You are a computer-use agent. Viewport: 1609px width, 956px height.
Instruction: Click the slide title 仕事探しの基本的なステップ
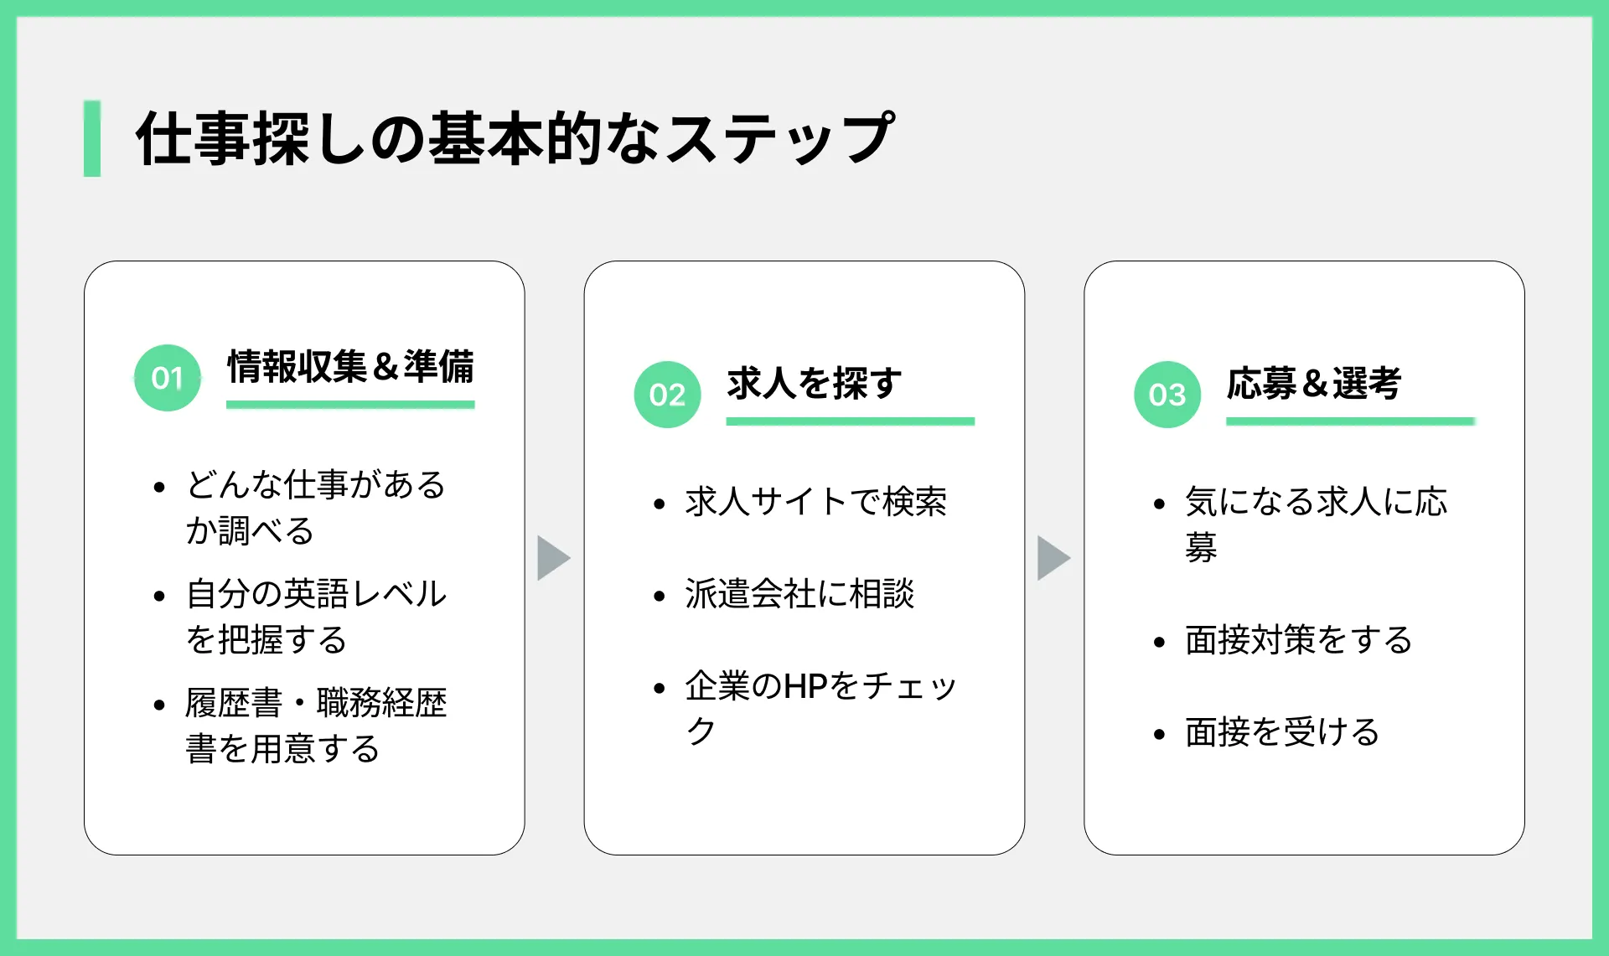coord(515,138)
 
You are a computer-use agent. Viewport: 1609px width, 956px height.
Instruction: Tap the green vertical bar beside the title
coord(92,138)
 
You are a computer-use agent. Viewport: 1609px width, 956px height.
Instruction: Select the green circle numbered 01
coord(168,378)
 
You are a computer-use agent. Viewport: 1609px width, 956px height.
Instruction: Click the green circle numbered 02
coord(668,395)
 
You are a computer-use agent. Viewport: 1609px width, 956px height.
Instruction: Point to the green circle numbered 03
coord(1167,395)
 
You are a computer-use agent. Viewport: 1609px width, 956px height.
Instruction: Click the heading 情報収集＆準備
coord(350,367)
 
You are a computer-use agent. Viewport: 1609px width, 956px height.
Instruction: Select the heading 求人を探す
coord(815,384)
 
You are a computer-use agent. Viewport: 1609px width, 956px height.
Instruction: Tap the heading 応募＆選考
coord(1314,384)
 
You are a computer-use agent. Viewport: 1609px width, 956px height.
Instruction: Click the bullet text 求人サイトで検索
coord(816,502)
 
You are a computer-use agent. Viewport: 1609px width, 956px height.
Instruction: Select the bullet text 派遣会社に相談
coord(799,594)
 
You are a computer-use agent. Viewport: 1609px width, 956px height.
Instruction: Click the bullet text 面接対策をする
coord(1299,640)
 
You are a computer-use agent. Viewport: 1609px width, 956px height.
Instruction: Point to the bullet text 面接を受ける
coord(1282,732)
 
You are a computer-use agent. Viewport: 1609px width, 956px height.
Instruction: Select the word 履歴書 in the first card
coord(234,703)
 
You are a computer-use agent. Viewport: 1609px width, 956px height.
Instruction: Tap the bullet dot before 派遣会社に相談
coord(660,596)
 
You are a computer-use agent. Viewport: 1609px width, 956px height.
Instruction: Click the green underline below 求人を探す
coord(851,421)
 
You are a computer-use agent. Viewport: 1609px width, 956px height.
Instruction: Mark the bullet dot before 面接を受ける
coord(1159,735)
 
